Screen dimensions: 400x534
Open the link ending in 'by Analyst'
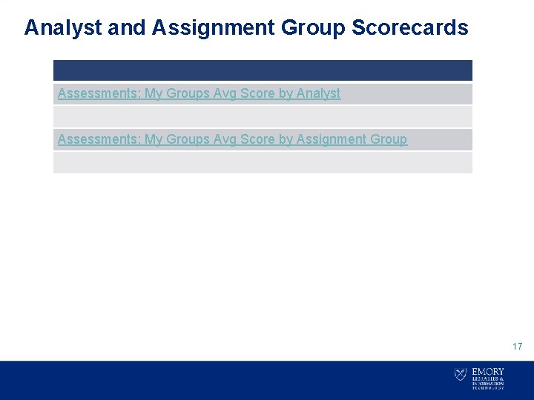click(199, 94)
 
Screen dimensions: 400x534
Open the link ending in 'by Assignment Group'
click(232, 139)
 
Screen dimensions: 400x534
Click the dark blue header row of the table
click(263, 70)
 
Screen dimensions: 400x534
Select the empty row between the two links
click(263, 116)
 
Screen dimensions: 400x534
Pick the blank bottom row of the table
click(263, 162)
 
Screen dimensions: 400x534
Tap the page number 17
click(517, 347)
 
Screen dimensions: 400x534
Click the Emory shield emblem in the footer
click(461, 375)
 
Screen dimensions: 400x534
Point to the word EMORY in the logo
click(487, 371)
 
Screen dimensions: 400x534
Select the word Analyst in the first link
click(318, 94)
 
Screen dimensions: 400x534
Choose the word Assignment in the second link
click(330, 139)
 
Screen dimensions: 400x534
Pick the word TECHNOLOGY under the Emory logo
click(487, 387)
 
